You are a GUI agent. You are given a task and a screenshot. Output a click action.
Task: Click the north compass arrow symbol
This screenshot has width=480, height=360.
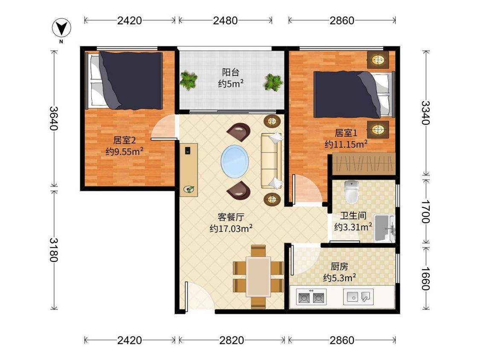coord(61,28)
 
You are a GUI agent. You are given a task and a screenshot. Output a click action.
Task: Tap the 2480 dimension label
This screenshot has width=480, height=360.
coord(225,20)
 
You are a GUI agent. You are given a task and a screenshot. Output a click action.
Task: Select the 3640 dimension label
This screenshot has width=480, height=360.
coord(54,118)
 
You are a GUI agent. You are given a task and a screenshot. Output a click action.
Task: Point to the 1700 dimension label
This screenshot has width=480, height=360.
coord(425,212)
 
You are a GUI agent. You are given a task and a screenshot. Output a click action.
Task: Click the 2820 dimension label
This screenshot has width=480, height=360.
coord(232,340)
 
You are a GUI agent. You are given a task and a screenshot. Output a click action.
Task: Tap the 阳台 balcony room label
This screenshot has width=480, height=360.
coord(230,73)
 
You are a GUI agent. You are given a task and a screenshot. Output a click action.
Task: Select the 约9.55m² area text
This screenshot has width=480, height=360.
coord(125,151)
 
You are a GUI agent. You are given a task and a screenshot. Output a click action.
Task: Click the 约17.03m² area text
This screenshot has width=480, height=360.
coord(231,228)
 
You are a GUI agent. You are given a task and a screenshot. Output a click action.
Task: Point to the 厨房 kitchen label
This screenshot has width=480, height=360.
coord(340,267)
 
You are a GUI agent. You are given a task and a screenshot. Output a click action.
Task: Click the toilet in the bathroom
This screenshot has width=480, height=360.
coord(352,192)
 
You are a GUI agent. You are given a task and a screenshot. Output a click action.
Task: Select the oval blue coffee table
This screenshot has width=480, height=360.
coord(235,162)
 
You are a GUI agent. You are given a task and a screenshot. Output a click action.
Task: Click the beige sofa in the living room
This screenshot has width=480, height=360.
coord(272,161)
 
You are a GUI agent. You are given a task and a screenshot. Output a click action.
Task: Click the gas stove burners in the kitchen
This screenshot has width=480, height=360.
coord(311,297)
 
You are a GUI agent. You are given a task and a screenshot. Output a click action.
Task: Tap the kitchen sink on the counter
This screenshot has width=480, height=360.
coord(358,296)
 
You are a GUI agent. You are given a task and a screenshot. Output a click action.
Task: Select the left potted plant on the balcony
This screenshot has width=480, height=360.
coord(188,80)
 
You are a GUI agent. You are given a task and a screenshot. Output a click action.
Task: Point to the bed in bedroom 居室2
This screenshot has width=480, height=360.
coord(124,81)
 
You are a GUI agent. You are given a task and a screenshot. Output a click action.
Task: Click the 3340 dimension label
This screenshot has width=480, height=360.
coord(425,113)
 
